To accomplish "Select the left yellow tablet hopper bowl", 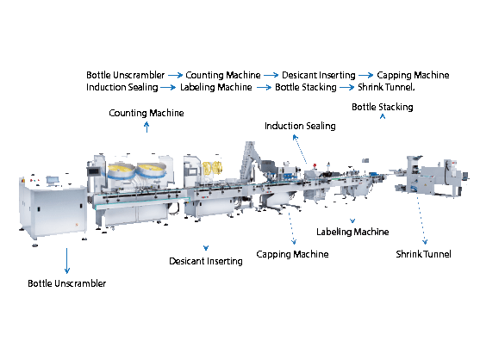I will click(x=121, y=170).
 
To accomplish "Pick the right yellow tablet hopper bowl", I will click(x=150, y=168).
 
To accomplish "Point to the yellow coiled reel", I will click(x=210, y=165).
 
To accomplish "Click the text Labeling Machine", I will click(x=354, y=233).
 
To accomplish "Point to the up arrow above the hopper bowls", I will click(x=146, y=127).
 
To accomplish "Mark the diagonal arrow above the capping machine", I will click(x=299, y=149).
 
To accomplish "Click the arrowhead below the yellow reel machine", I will click(x=205, y=248).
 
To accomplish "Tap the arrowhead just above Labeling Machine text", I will click(x=352, y=221).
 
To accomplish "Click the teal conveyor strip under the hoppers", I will click(x=138, y=201).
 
